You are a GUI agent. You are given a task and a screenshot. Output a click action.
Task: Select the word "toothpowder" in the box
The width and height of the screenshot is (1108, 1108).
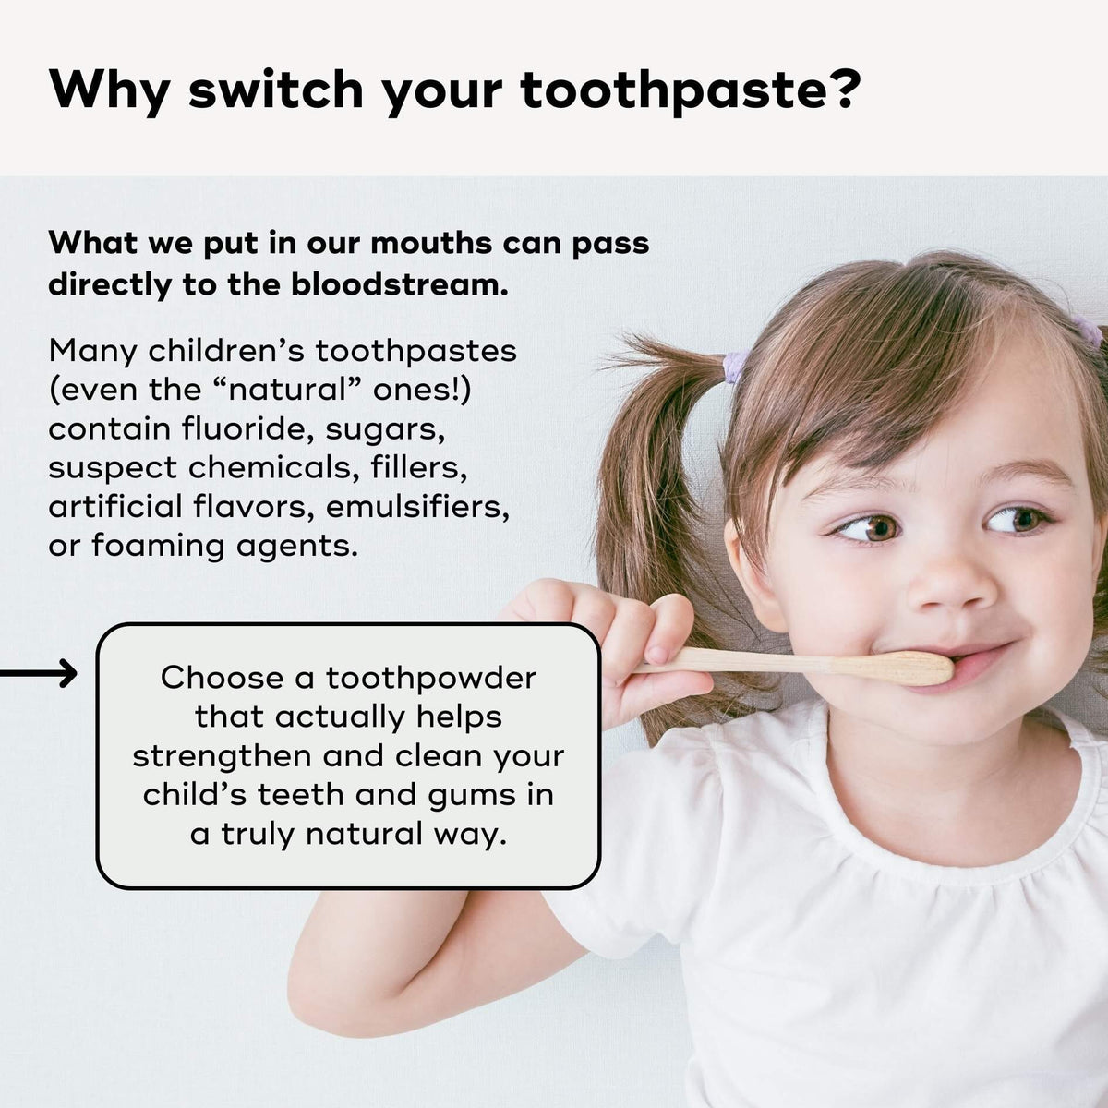pyautogui.click(x=431, y=678)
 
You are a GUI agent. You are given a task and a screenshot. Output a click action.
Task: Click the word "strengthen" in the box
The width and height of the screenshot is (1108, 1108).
pyautogui.click(x=223, y=756)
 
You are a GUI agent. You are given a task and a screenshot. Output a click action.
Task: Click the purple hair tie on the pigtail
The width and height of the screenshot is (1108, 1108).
pyautogui.click(x=734, y=367)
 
